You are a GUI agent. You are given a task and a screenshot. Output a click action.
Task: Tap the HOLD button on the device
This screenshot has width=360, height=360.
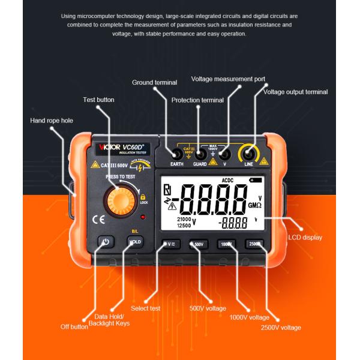point(135,242)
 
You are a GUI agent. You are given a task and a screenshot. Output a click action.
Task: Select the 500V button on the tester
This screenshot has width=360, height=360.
point(199,244)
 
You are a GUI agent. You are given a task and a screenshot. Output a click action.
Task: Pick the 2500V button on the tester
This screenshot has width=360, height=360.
point(254,244)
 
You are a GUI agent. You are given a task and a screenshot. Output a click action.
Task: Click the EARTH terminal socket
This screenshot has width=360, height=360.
point(177,154)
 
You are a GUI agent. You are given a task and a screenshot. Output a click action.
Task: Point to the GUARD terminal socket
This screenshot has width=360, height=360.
point(200,154)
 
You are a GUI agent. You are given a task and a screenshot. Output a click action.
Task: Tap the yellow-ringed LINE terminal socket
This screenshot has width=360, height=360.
point(248,154)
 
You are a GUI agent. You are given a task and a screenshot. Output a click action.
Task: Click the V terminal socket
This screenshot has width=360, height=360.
point(224,154)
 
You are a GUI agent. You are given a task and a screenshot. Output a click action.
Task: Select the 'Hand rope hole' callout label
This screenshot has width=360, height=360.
point(52,121)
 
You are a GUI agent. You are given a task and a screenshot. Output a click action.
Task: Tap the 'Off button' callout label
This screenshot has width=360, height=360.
point(74,327)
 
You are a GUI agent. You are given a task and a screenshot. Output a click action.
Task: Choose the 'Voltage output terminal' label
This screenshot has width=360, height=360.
point(296,92)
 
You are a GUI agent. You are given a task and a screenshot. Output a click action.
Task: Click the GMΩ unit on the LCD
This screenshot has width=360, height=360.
point(254,205)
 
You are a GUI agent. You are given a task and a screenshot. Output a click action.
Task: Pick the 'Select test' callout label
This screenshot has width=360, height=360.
point(146,308)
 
